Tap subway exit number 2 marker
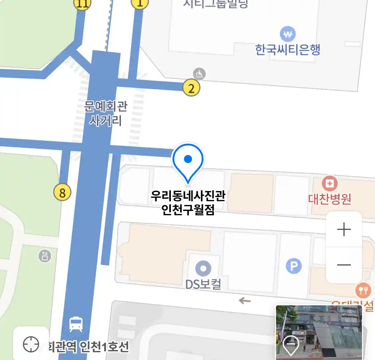(191, 88)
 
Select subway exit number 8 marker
(62, 192)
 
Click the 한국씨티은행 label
(287, 50)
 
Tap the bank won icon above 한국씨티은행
(288, 34)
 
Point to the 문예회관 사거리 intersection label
(106, 113)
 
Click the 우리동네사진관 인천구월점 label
(188, 203)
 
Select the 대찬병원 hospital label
(329, 199)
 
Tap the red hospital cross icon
(330, 184)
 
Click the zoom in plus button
(344, 230)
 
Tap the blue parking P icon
(294, 266)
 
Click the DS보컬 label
(203, 284)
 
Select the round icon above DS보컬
(203, 268)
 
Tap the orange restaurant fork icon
(363, 291)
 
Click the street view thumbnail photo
(319, 332)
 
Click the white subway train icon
(76, 324)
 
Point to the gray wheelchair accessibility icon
(199, 74)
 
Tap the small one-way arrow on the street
(245, 301)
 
